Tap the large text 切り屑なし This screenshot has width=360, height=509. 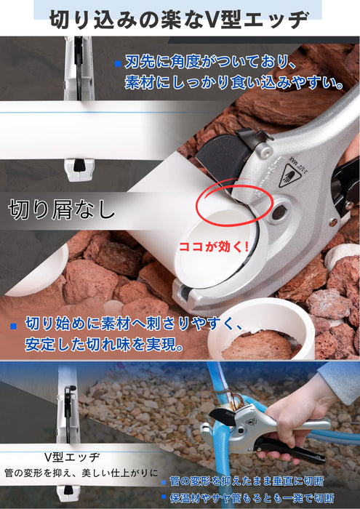tap(62, 209)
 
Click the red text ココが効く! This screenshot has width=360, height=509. tap(214, 247)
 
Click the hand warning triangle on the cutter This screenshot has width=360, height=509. tap(290, 175)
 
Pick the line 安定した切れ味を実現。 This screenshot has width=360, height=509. tap(103, 345)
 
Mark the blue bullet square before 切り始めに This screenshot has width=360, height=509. tap(13, 326)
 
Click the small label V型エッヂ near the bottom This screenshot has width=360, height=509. tap(72, 457)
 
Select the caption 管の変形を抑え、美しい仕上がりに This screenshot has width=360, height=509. tap(81, 473)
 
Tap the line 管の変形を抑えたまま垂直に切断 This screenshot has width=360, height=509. tap(247, 481)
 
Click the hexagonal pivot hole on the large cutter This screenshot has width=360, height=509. tap(279, 212)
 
